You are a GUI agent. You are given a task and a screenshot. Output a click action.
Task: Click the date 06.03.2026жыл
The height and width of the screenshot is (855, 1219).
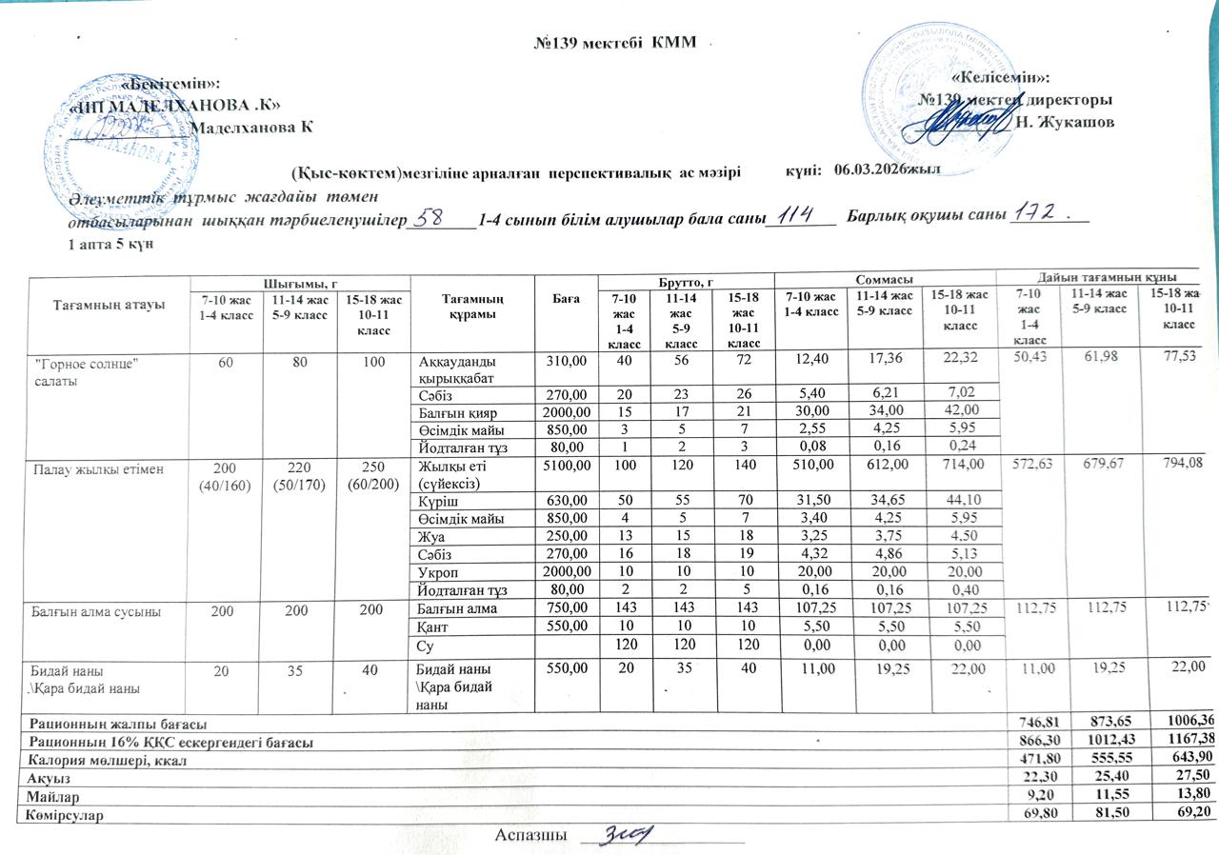coord(887,169)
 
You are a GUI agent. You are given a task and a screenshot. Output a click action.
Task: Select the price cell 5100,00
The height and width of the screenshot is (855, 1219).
coord(568,466)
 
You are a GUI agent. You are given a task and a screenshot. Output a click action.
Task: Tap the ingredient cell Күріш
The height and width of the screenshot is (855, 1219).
coord(437,501)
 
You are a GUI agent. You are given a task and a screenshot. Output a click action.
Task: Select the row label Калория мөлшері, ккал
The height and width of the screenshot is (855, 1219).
coord(109,762)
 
